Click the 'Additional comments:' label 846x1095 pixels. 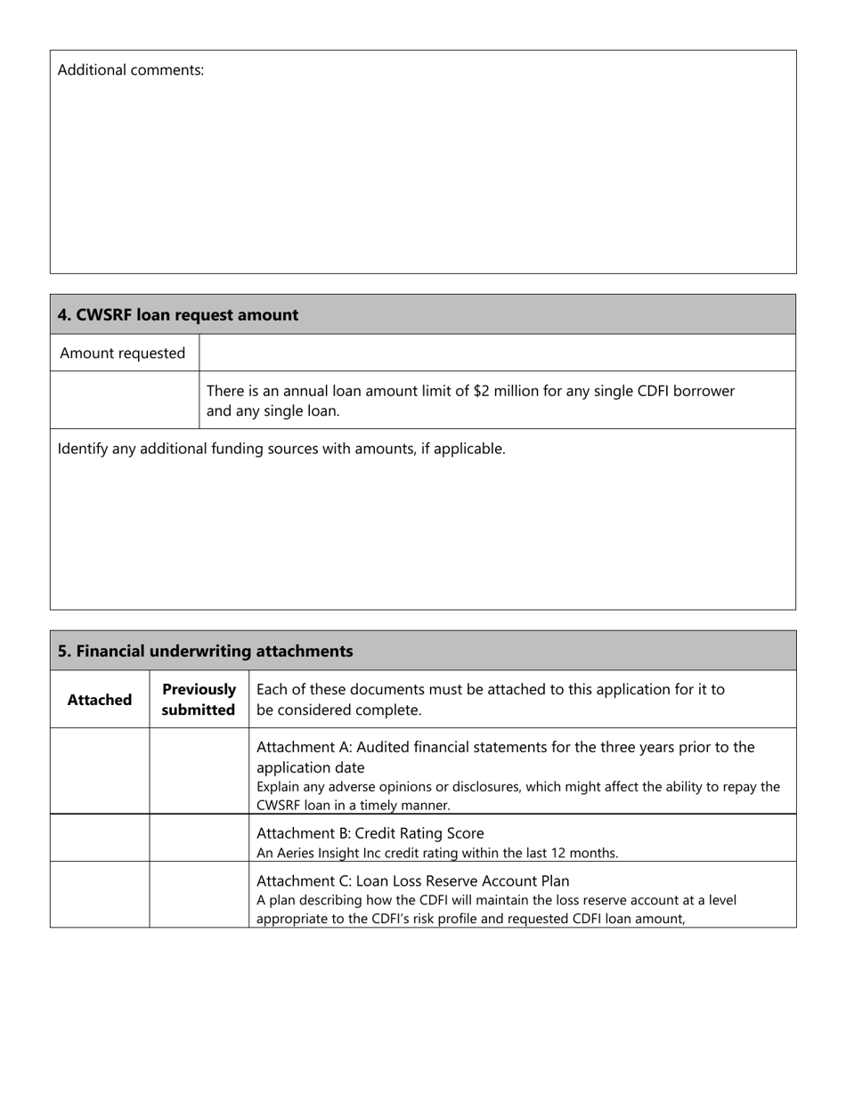pos(131,70)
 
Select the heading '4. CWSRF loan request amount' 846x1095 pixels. pos(178,315)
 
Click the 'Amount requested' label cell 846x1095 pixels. pos(123,353)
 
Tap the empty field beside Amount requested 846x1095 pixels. pos(497,353)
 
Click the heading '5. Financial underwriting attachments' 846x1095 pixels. pos(205,652)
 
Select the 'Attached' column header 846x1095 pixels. pos(100,700)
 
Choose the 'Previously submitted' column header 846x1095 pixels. pos(199,700)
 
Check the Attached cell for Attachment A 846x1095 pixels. pos(100,771)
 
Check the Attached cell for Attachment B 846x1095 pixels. pos(100,838)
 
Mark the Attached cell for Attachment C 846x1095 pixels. pos(100,895)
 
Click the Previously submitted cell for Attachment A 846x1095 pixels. pos(199,771)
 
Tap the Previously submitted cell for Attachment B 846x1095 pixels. pos(199,838)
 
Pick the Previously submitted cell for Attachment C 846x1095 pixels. pos(199,895)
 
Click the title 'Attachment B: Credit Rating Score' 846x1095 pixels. pos(370,833)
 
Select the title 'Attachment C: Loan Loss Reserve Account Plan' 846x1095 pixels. pos(412,880)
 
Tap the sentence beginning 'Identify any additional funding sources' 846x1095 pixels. pos(281,449)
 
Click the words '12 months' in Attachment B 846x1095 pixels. pos(586,853)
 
